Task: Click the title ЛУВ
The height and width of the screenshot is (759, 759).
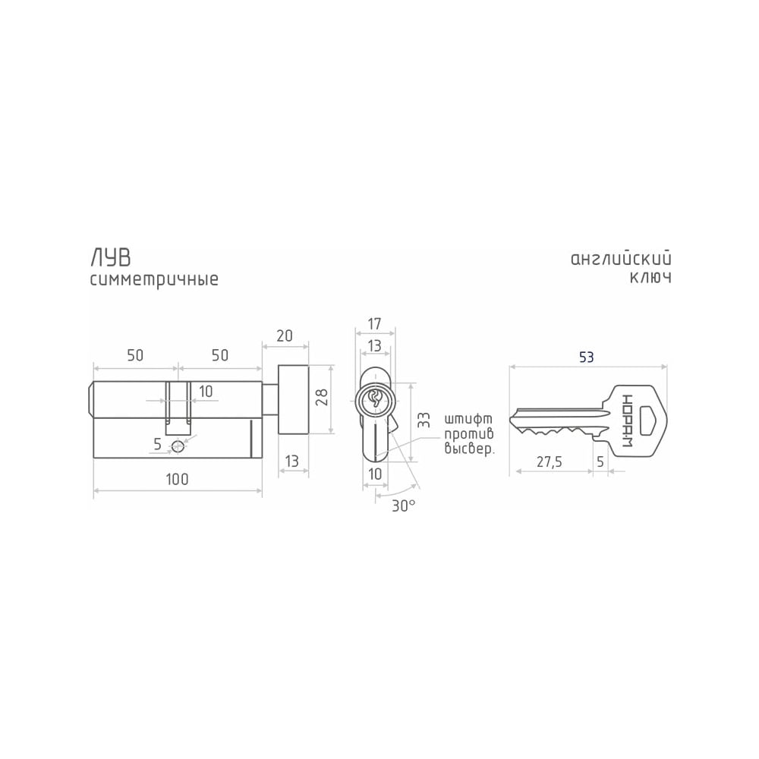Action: click(111, 258)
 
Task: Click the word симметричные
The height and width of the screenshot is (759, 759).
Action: click(154, 280)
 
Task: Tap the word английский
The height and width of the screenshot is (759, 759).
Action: click(621, 259)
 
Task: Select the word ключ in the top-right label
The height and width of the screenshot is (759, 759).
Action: click(650, 278)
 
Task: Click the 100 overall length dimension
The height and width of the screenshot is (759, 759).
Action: click(177, 479)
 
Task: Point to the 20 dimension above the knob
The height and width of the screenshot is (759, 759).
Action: click(285, 335)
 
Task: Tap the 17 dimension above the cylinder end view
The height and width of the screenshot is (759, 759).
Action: click(375, 323)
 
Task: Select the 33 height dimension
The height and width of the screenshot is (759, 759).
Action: click(423, 419)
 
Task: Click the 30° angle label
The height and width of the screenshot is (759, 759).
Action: click(404, 506)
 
